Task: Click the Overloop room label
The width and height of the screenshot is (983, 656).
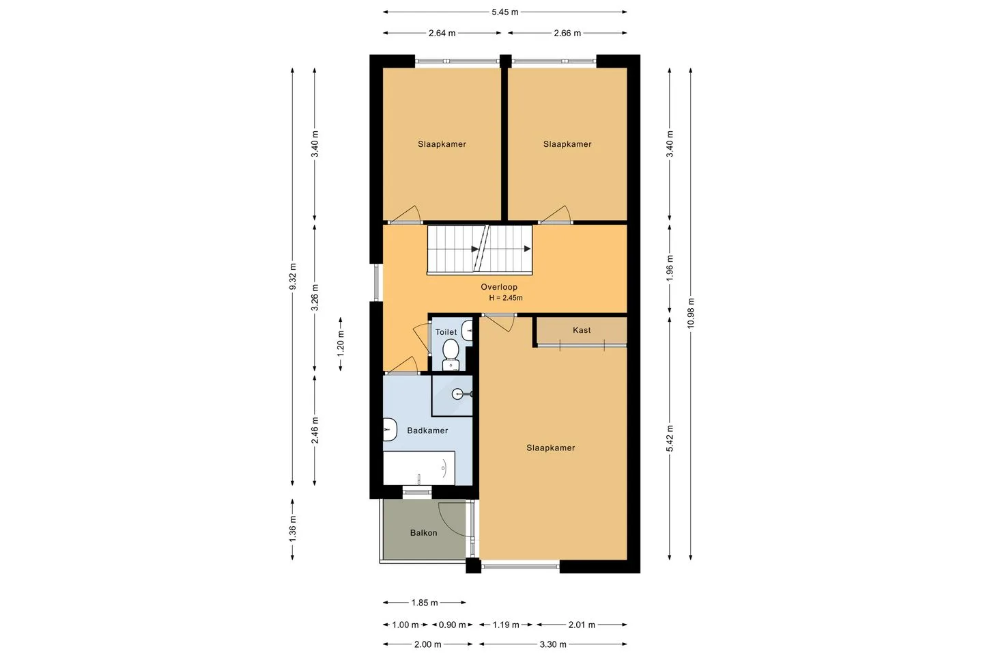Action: click(499, 287)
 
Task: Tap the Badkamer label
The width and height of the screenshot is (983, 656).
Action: click(427, 430)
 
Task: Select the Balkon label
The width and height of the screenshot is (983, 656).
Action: click(423, 533)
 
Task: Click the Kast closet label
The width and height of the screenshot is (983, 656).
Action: click(582, 330)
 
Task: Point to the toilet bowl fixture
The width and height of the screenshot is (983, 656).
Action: click(451, 354)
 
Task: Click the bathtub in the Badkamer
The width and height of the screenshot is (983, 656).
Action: click(419, 468)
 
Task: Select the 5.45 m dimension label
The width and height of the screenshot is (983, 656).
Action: click(504, 12)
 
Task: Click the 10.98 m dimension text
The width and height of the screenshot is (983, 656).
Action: click(691, 313)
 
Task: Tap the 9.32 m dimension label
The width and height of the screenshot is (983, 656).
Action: click(293, 276)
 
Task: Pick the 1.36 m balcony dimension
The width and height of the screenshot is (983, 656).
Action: click(293, 529)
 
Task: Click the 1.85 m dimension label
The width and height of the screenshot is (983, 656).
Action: click(425, 603)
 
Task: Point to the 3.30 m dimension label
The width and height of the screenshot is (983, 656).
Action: click(553, 644)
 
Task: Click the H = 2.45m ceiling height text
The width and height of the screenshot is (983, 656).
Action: click(506, 298)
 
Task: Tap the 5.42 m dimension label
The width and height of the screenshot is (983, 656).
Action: click(670, 439)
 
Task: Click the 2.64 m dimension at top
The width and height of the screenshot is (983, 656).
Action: click(442, 33)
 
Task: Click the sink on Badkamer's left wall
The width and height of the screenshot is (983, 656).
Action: click(390, 430)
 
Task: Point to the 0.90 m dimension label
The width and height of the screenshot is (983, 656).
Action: click(452, 625)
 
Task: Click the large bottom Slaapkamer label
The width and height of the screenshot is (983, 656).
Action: click(551, 448)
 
